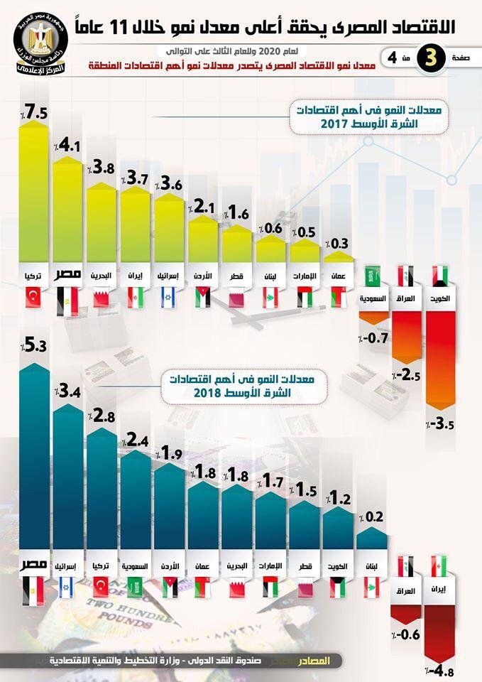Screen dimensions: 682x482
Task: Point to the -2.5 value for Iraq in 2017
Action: coord(407,374)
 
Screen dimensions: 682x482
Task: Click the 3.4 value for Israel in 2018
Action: coord(70,391)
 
